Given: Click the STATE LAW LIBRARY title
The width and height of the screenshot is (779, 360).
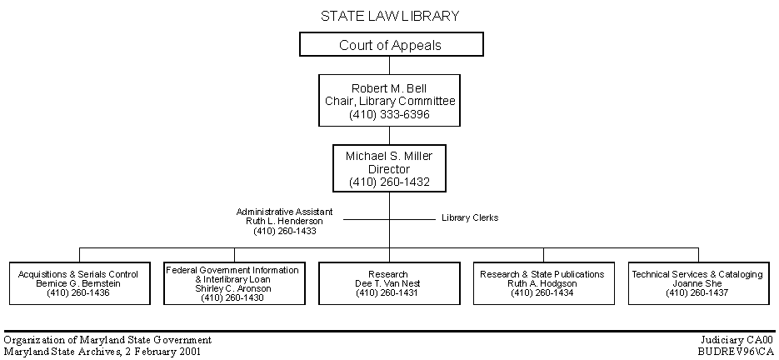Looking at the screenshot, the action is tap(390, 17).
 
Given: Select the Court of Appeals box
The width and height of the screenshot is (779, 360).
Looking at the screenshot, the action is tap(392, 44).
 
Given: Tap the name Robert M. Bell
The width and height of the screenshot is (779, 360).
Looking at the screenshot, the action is tap(390, 88).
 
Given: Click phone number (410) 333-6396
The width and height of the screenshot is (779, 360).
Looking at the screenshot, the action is tap(390, 114).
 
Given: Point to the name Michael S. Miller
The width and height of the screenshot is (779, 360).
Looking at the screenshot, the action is tap(390, 156).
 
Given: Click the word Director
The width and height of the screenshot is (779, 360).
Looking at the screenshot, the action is tap(390, 169).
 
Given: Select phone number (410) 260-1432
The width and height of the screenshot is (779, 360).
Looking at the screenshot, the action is tap(390, 182).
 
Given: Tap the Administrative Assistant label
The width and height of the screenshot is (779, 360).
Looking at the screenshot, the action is tap(285, 212).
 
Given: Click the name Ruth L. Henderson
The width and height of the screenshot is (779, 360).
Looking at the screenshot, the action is tap(285, 222).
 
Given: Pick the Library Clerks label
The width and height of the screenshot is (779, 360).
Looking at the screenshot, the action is tap(470, 217).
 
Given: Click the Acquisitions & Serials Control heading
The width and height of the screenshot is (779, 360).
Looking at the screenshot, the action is tap(78, 274).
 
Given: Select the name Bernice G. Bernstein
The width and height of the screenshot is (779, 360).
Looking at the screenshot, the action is tap(78, 284).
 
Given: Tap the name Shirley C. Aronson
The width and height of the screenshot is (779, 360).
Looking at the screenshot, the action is tap(233, 288).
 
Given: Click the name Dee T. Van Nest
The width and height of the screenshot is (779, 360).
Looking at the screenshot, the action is tap(388, 284).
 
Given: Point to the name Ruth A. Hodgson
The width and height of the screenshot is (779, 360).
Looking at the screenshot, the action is tap(542, 284).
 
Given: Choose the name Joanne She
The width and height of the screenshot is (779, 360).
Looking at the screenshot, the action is tap(697, 284).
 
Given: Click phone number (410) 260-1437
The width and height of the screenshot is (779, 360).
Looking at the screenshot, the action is tap(697, 292).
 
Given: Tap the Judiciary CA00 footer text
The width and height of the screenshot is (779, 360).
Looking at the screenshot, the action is tap(737, 341).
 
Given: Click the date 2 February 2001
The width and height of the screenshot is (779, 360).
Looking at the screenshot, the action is tap(162, 352).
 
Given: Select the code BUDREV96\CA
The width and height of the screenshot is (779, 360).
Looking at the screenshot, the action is tap(736, 352).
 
